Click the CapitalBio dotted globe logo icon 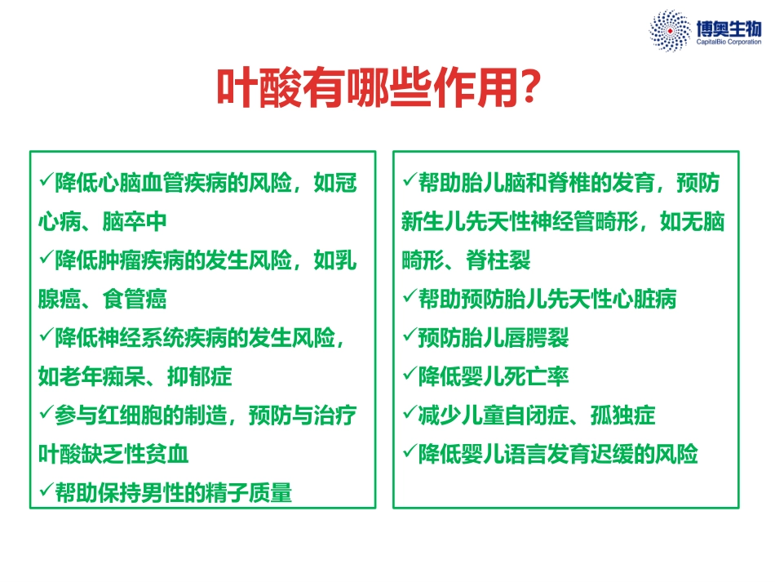669,30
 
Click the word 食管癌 135,299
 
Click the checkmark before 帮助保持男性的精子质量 46,491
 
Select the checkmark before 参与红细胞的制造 46,414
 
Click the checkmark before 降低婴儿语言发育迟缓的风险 410,452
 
